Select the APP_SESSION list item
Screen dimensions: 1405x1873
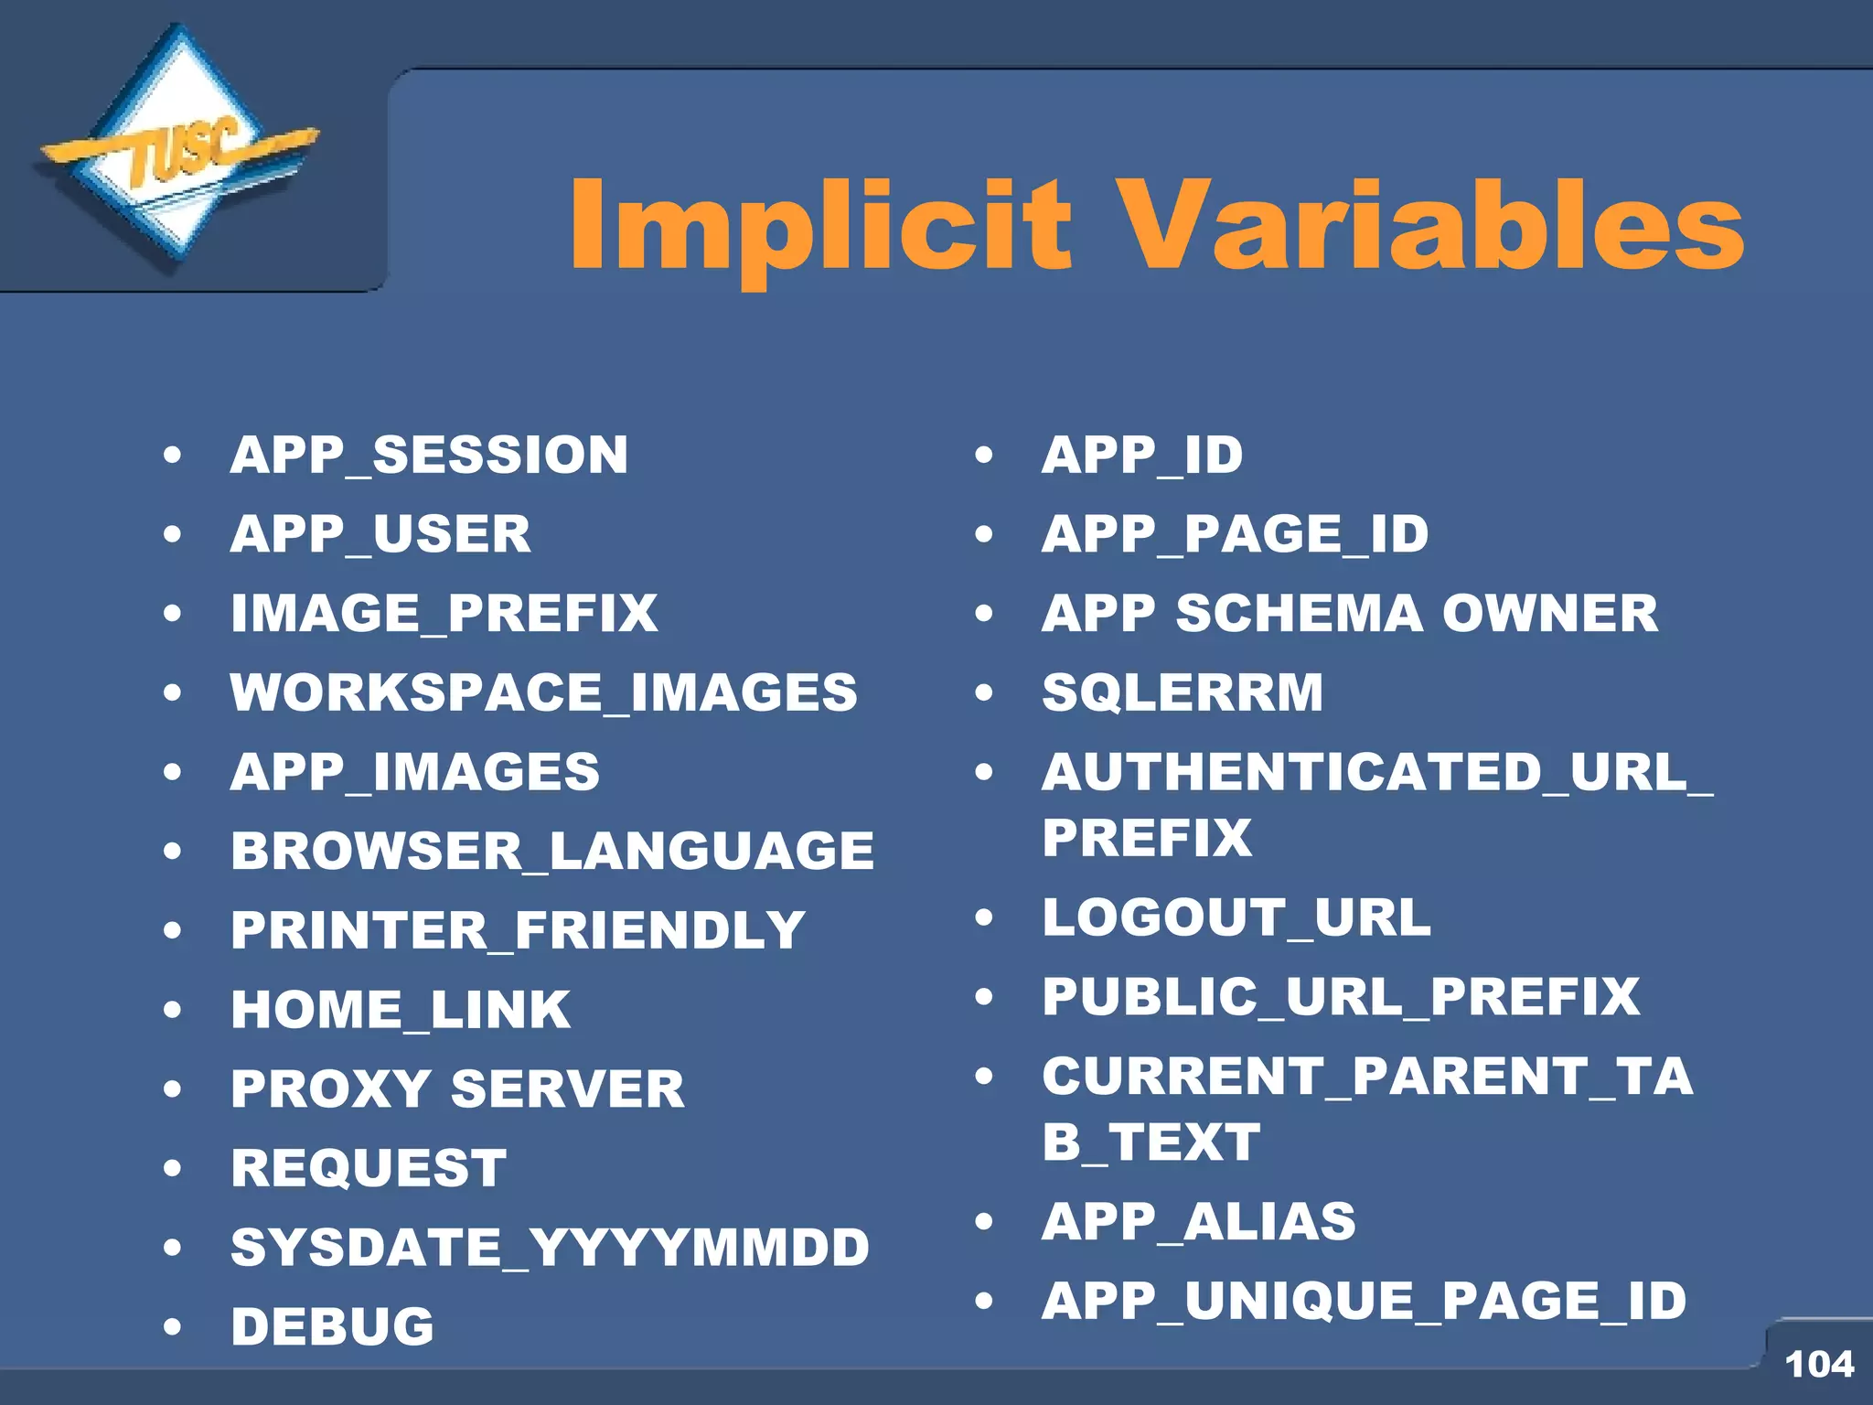[429, 455]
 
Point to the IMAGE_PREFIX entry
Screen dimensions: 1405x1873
[444, 613]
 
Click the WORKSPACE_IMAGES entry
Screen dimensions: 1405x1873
[543, 692]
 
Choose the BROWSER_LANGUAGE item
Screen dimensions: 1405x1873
[551, 851]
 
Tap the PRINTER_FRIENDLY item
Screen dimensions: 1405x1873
[518, 930]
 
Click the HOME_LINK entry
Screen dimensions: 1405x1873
[401, 1010]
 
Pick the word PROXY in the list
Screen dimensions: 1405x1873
[330, 1089]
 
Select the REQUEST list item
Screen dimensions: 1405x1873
[369, 1168]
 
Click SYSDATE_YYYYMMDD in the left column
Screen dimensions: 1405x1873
[550, 1248]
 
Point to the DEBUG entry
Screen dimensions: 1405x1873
[332, 1326]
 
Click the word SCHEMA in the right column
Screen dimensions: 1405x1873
[1299, 613]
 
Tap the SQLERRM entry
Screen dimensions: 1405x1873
[1183, 692]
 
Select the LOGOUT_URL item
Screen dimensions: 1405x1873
[1236, 917]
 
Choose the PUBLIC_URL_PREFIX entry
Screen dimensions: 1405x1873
[1341, 996]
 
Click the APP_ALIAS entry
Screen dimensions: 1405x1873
[1198, 1221]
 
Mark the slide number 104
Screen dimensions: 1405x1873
[1818, 1364]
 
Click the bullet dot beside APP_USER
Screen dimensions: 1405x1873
[172, 534]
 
